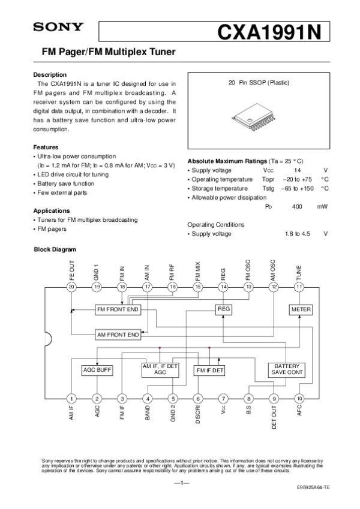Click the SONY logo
tap(58, 27)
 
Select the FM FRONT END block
tap(118, 309)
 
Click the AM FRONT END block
tap(118, 334)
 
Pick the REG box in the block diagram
tap(223, 309)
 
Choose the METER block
tap(299, 309)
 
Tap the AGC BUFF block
tap(97, 370)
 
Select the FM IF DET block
tap(209, 370)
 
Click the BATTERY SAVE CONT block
tap(287, 369)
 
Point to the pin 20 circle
tap(71, 287)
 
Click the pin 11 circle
tap(299, 287)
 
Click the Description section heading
tap(50, 74)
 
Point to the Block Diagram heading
tap(54, 249)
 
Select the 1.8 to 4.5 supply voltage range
tap(297, 234)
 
